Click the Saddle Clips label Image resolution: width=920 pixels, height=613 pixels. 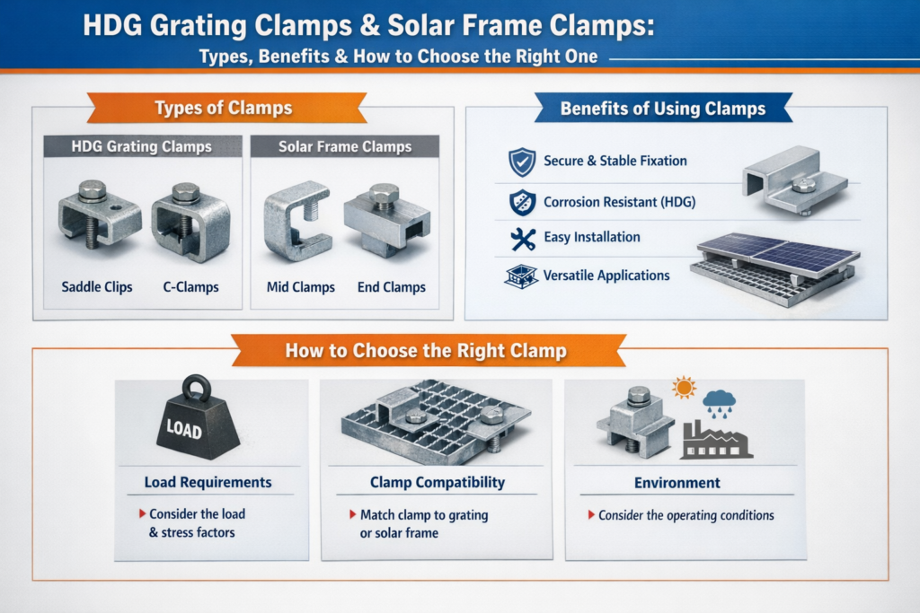click(x=97, y=287)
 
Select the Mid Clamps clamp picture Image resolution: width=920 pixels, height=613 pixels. click(x=296, y=221)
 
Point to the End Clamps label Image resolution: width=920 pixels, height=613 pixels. click(x=392, y=287)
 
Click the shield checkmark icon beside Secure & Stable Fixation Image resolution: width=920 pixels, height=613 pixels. click(x=522, y=162)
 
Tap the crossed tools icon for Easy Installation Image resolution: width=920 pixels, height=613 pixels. click(x=522, y=239)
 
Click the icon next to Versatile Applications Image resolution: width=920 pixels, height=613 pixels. click(x=521, y=276)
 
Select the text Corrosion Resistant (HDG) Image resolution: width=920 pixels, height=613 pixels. click(x=620, y=202)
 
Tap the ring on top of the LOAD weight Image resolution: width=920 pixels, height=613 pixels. click(x=197, y=388)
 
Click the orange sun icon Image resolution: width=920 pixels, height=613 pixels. click(x=684, y=388)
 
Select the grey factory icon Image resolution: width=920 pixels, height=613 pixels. click(x=716, y=440)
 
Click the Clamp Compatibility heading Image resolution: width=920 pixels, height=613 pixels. click(x=438, y=482)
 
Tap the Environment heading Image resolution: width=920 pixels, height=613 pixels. click(x=677, y=483)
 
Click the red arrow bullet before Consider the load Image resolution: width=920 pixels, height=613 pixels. click(x=142, y=514)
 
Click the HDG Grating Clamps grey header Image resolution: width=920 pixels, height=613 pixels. click(x=143, y=146)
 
